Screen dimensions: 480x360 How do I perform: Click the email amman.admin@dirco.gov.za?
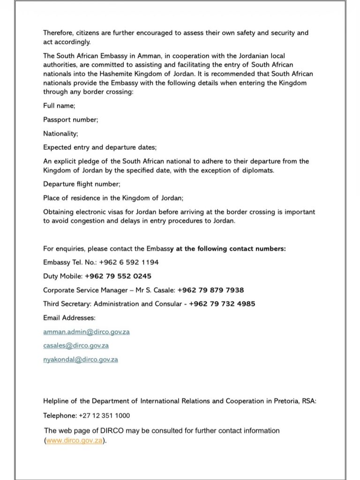click(x=86, y=332)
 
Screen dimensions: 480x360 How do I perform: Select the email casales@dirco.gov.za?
click(x=76, y=345)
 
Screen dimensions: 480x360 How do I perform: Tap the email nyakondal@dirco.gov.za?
click(x=81, y=360)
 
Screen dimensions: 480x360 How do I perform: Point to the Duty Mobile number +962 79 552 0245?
click(x=118, y=276)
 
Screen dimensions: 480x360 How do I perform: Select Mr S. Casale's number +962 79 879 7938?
click(x=210, y=290)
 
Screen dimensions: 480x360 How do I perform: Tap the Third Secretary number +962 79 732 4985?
click(x=222, y=304)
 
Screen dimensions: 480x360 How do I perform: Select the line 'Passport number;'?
click(x=71, y=120)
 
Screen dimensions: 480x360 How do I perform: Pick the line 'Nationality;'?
click(x=60, y=134)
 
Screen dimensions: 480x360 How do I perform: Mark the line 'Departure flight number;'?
click(x=82, y=184)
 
